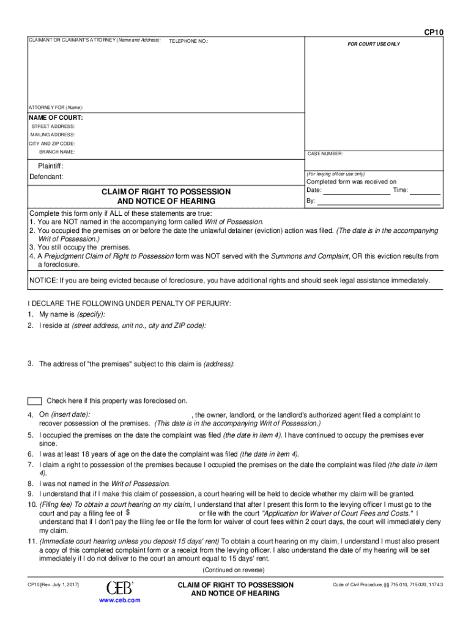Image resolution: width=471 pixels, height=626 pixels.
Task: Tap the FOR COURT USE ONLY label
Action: point(374,45)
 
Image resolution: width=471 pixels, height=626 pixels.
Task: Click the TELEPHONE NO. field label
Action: point(188,41)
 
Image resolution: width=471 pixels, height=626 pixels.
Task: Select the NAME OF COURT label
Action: point(56,117)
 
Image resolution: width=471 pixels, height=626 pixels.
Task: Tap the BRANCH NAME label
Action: point(57,152)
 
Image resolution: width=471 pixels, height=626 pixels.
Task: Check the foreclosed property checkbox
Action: point(35,401)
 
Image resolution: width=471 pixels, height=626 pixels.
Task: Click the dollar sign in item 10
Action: point(128,513)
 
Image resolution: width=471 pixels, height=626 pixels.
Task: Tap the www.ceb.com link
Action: point(119,600)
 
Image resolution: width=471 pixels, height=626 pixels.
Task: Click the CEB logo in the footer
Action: point(119,587)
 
